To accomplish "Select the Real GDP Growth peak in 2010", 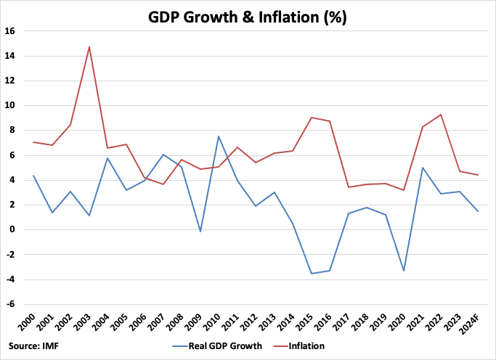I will (x=219, y=136).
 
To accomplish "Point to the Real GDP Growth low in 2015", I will (x=311, y=274).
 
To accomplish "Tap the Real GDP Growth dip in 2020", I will (x=403, y=271).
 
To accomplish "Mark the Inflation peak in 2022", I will (x=440, y=115).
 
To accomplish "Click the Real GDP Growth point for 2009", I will (x=200, y=232).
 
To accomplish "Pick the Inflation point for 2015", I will (x=311, y=118).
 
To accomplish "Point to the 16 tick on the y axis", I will (x=20, y=31).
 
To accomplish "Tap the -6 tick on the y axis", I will (x=20, y=304).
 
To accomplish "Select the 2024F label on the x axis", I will (x=475, y=324).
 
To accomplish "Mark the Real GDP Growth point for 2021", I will (x=421, y=168).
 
